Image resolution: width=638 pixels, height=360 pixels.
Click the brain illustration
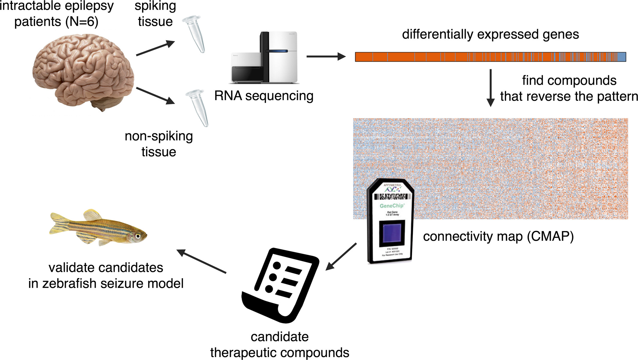[x=82, y=70]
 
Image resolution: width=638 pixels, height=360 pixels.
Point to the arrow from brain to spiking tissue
[x=155, y=48]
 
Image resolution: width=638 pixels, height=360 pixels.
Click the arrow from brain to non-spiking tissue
[x=155, y=96]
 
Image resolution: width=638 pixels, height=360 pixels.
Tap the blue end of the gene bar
[x=622, y=57]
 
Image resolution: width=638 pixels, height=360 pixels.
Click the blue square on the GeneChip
[x=392, y=233]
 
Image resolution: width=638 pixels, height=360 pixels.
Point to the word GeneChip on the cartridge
[x=392, y=206]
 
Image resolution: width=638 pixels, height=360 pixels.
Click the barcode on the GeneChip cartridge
[x=392, y=197]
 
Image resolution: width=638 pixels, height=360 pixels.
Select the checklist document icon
[x=280, y=285]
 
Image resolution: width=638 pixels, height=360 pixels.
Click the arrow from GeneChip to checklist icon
[x=341, y=257]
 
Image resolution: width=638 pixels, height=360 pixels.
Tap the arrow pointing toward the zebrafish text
[x=201, y=261]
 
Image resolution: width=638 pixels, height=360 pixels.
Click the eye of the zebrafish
[x=138, y=236]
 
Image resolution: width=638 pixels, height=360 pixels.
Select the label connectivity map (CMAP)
[x=498, y=237]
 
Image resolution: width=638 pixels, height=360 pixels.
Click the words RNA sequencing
[x=264, y=96]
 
